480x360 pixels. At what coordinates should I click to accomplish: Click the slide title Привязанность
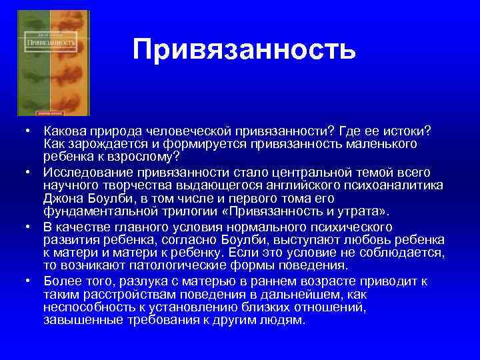click(244, 49)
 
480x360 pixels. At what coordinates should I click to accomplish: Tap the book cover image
click(53, 63)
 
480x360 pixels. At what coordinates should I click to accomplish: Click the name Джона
click(61, 199)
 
